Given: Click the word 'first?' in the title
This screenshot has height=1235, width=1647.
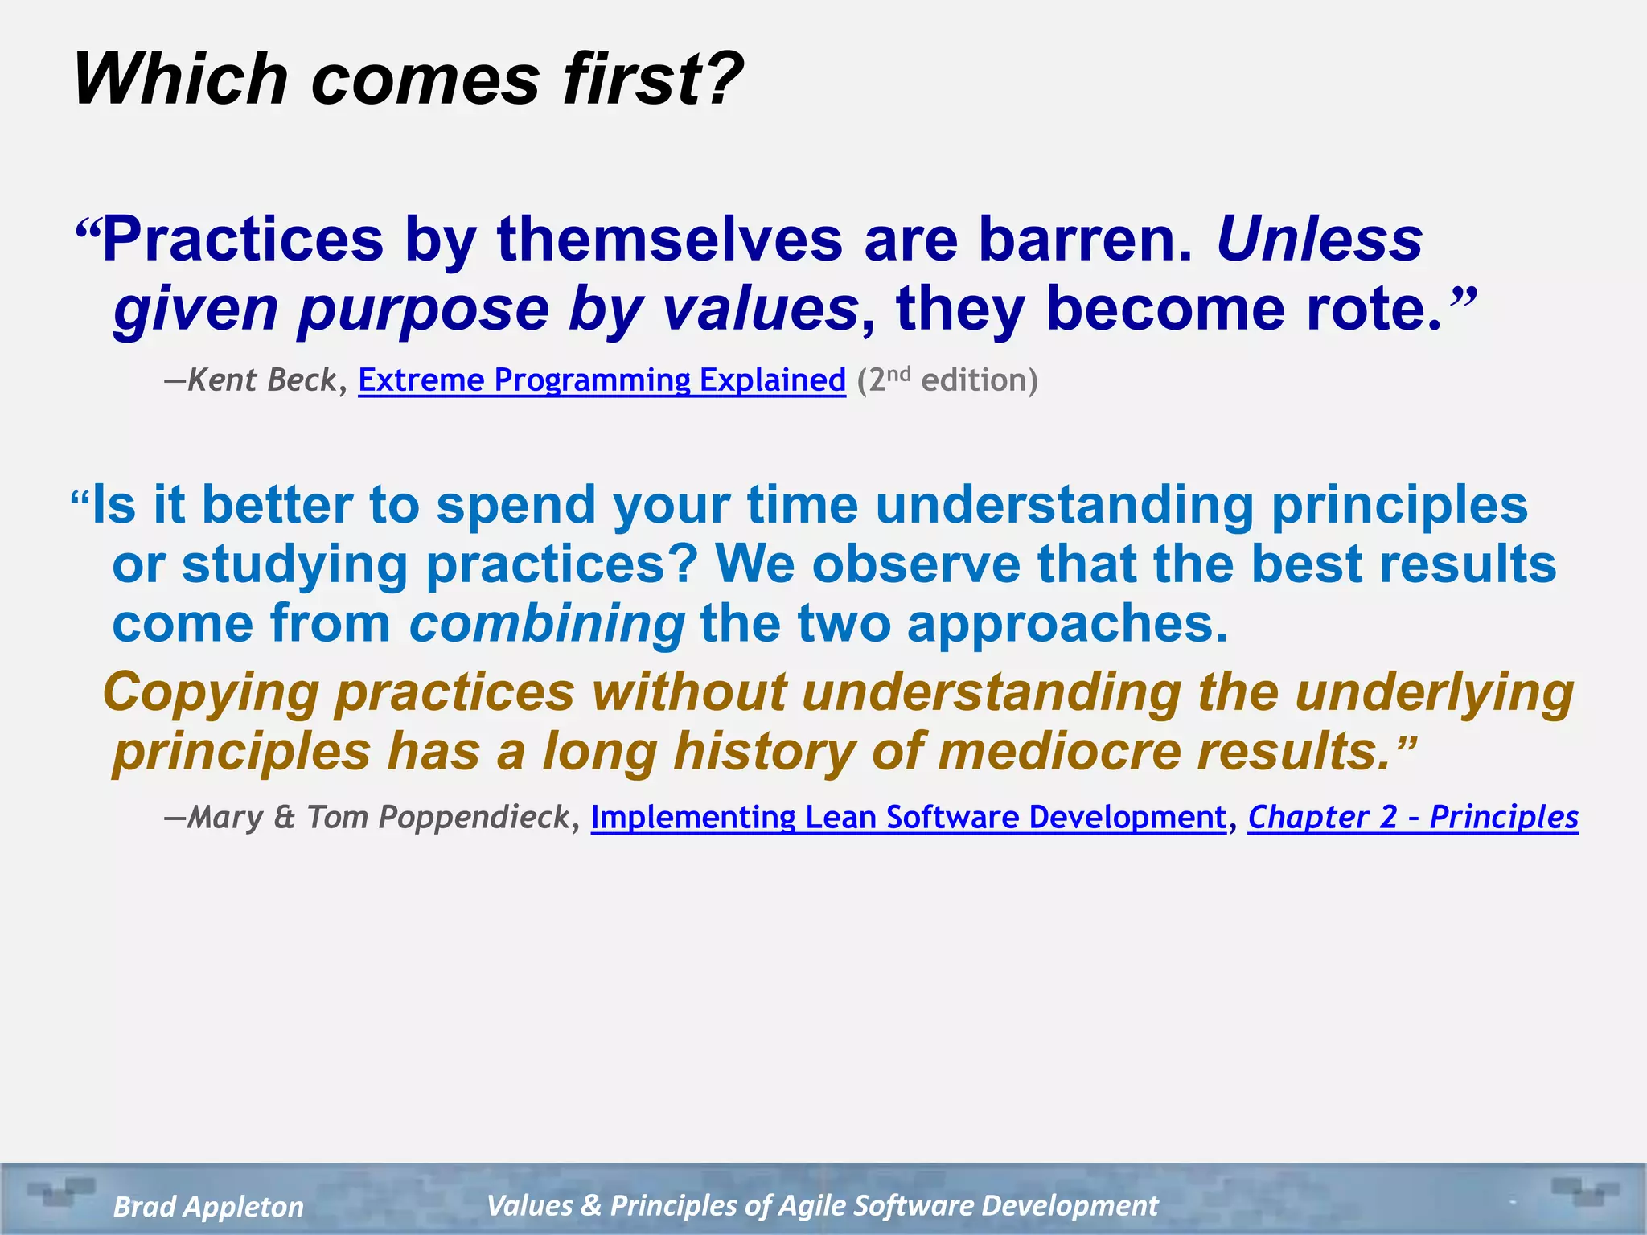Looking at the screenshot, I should pos(653,79).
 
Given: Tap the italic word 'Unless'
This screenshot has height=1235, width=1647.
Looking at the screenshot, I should pos(1319,240).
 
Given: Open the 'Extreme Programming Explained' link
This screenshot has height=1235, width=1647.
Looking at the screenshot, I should pos(602,380).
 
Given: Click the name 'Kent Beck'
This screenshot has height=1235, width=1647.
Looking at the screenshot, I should pos(262,380).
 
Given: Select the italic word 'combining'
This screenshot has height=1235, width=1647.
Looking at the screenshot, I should pos(547,624).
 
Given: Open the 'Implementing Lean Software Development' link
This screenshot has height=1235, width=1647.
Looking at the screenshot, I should pos(909,817).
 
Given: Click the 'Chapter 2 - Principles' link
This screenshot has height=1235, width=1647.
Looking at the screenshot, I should pos(1413,817).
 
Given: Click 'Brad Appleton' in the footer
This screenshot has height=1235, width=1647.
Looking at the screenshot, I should pos(208,1206).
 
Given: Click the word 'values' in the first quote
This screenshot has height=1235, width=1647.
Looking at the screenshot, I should pos(760,310).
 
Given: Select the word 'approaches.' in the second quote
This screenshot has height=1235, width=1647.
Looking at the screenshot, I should pos(1067,624).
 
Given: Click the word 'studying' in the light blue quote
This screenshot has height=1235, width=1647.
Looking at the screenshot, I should pos(295,565).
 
